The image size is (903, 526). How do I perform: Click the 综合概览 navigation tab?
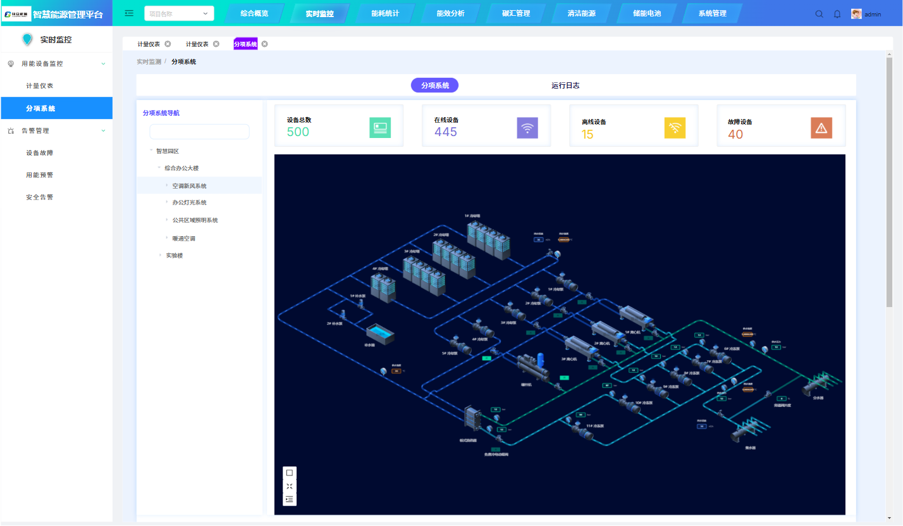pos(254,13)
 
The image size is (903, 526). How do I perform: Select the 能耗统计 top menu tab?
pos(385,13)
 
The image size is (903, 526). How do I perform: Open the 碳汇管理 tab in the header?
pos(516,13)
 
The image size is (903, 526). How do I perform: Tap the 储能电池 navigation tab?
pos(646,13)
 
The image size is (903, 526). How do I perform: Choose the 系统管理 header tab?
pos(712,13)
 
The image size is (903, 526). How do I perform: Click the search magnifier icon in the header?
pos(819,14)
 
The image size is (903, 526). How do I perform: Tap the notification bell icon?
pos(837,14)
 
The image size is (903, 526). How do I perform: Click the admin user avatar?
pos(856,14)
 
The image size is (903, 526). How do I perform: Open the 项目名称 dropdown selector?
pos(179,13)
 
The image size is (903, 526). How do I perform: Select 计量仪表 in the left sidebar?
pos(40,86)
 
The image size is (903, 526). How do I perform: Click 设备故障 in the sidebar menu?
pos(40,153)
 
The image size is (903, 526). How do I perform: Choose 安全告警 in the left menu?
pos(40,197)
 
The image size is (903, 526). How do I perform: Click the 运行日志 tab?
pos(565,85)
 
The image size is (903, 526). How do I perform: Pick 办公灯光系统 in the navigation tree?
pos(189,203)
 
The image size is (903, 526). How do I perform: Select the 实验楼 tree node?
pos(175,256)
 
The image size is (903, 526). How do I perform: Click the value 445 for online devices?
pos(446,132)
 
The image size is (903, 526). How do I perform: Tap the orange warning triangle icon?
pos(821,128)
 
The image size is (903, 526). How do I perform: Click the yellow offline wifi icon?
pos(675,128)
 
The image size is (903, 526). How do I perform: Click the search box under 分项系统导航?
pos(199,132)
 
